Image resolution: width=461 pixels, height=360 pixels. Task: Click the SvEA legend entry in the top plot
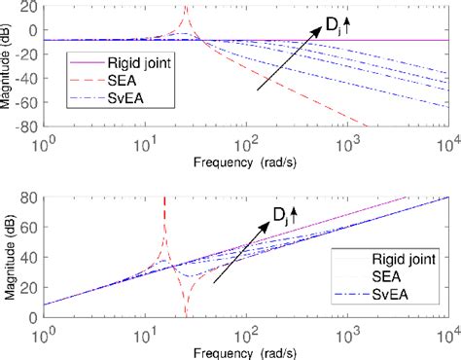click(114, 99)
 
